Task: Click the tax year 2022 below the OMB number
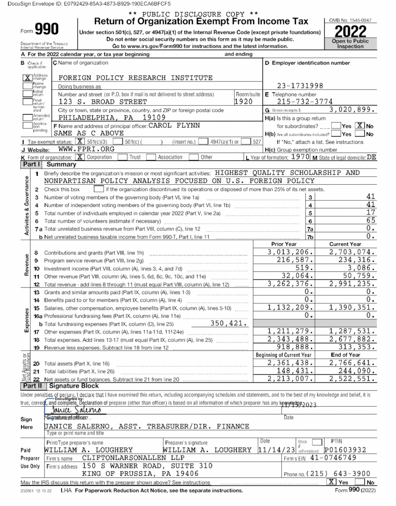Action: coord(351,32)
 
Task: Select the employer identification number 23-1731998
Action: coord(300,85)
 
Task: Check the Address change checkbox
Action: coord(28,78)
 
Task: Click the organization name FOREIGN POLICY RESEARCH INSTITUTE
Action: coord(135,78)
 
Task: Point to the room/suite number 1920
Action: coord(244,102)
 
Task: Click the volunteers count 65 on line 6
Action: coord(370,220)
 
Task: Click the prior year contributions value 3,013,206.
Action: coord(290,252)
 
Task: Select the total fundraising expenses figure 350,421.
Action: coord(229,324)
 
